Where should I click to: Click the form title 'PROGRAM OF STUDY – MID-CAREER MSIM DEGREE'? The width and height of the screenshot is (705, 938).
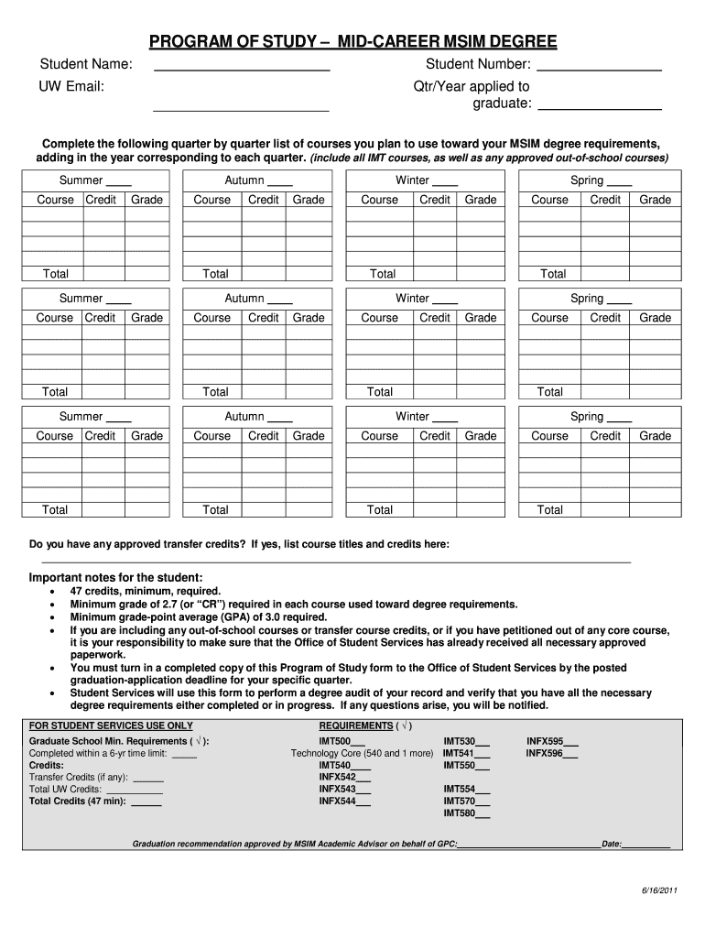(x=352, y=42)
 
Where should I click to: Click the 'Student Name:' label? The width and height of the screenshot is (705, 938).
(x=86, y=64)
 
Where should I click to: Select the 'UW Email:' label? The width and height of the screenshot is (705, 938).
(x=71, y=87)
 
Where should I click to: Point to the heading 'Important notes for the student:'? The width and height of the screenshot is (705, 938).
(x=116, y=577)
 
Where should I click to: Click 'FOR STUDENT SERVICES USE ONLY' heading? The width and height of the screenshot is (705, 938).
(x=111, y=725)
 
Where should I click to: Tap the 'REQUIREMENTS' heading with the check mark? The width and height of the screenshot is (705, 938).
(x=365, y=725)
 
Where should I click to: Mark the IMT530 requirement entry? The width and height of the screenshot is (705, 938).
(x=466, y=741)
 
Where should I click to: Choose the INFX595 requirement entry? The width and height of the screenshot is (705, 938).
(x=551, y=741)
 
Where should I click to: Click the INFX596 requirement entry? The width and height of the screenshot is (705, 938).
(x=551, y=753)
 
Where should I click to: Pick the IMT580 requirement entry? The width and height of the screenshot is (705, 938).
(x=466, y=813)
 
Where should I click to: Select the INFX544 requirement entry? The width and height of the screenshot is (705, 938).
(x=344, y=801)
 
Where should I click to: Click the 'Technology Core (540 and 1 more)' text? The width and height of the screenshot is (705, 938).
(x=362, y=753)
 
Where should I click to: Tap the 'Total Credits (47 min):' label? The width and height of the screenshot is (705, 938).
(x=78, y=801)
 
